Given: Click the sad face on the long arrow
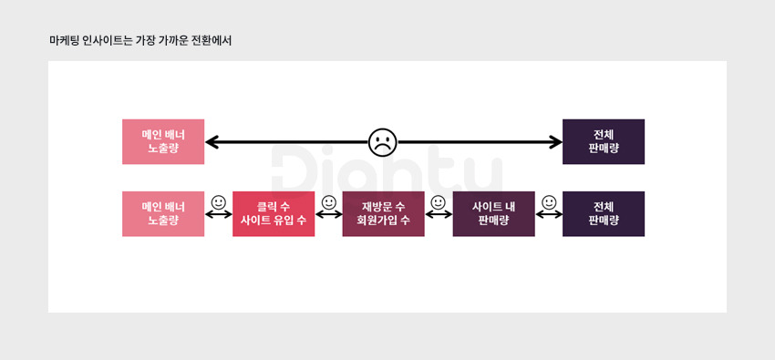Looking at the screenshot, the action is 383,143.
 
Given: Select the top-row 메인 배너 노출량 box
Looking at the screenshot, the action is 163,142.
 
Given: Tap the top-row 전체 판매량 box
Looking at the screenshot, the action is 604,142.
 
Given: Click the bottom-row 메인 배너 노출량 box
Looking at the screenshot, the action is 163,214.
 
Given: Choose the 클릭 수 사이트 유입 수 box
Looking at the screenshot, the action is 274,214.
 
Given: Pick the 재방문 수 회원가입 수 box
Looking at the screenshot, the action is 384,214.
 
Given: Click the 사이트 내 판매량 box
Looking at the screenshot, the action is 494,214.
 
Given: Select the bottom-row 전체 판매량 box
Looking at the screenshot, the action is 604,214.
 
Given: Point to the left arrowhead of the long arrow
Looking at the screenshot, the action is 212,142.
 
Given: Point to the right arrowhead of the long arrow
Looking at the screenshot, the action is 556,142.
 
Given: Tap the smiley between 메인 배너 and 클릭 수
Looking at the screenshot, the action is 219,202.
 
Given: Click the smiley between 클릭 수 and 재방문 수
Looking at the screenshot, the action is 328,202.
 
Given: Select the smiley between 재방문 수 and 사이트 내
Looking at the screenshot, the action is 439,202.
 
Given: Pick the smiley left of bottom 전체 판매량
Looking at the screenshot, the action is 549,202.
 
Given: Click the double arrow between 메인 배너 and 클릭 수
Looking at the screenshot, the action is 219,214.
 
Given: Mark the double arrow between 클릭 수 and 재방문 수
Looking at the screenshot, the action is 328,214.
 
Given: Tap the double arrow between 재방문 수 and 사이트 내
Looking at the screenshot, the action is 439,214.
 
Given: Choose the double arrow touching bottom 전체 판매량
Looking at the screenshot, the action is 549,214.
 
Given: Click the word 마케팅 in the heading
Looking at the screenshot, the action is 61,41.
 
